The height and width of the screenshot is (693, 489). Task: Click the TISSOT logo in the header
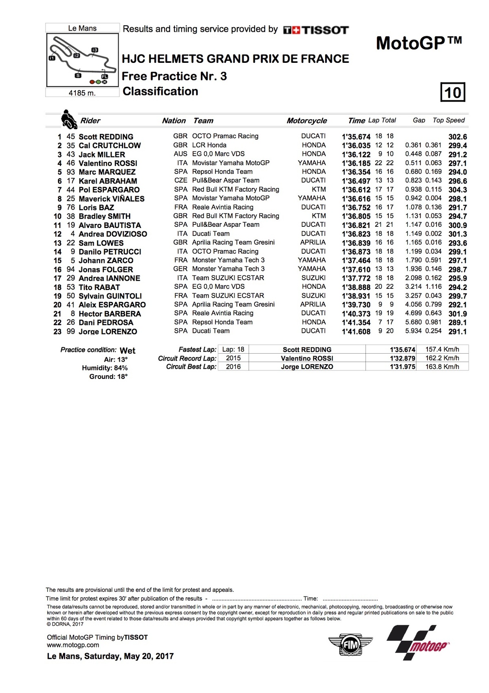tap(316, 30)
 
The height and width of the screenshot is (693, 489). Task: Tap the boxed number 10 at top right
tap(453, 92)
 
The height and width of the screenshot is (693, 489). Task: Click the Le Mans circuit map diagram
tap(82, 60)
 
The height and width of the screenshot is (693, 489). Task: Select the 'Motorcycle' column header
tap(306, 121)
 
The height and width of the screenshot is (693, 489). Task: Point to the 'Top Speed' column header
tap(448, 120)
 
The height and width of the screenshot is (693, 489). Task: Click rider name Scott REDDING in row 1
tap(106, 137)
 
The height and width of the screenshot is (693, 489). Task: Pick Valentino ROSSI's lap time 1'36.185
tap(356, 163)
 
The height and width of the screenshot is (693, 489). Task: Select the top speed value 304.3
tap(458, 190)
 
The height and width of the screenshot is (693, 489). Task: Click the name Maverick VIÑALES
tap(111, 199)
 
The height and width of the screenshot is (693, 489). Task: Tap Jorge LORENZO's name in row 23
tap(108, 332)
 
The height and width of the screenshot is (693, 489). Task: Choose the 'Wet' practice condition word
tap(128, 351)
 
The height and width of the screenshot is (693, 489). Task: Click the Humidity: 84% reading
tap(105, 368)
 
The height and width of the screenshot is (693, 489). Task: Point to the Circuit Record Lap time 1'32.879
tap(403, 358)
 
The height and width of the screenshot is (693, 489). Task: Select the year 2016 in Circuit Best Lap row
tap(233, 367)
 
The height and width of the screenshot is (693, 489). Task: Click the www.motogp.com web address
tap(73, 645)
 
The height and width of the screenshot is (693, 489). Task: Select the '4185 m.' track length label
tap(82, 93)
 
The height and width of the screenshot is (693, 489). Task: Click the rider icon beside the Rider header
tap(68, 120)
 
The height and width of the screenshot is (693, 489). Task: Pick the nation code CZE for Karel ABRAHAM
tap(181, 180)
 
